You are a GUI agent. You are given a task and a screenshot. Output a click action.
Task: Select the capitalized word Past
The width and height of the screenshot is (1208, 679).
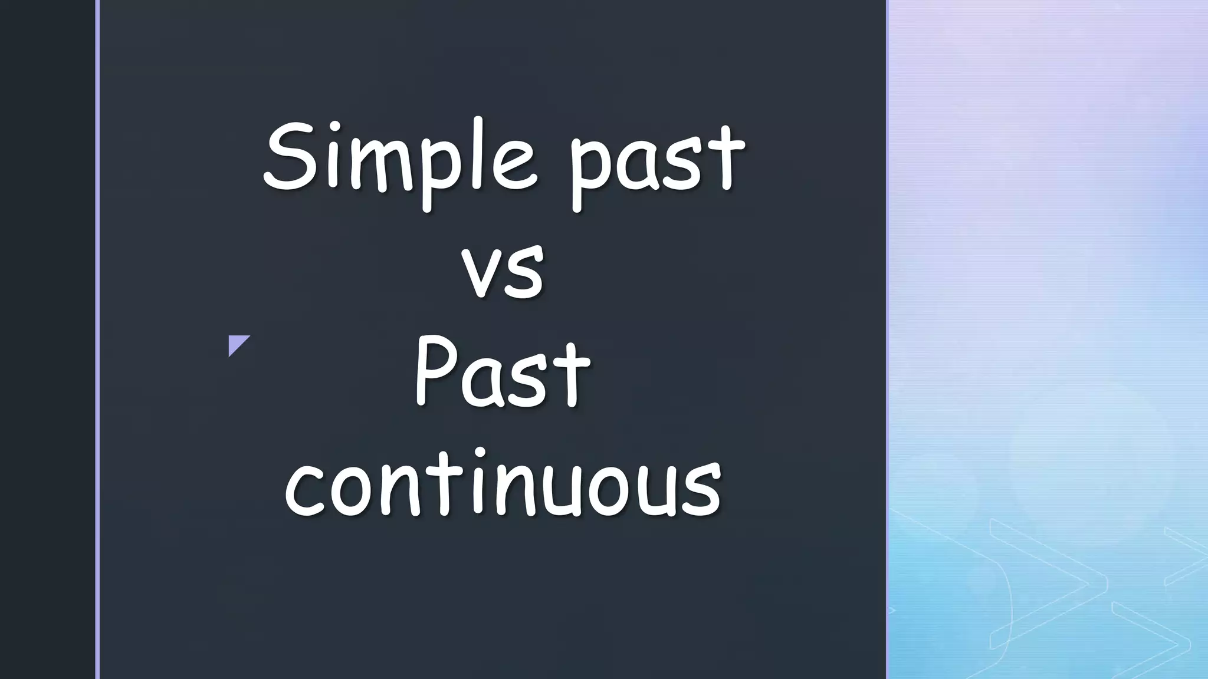coord(502,372)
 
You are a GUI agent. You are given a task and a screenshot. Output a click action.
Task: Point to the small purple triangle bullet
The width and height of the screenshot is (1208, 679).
coord(237,343)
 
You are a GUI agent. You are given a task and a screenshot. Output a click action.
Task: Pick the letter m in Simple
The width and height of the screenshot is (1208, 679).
coord(380,165)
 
